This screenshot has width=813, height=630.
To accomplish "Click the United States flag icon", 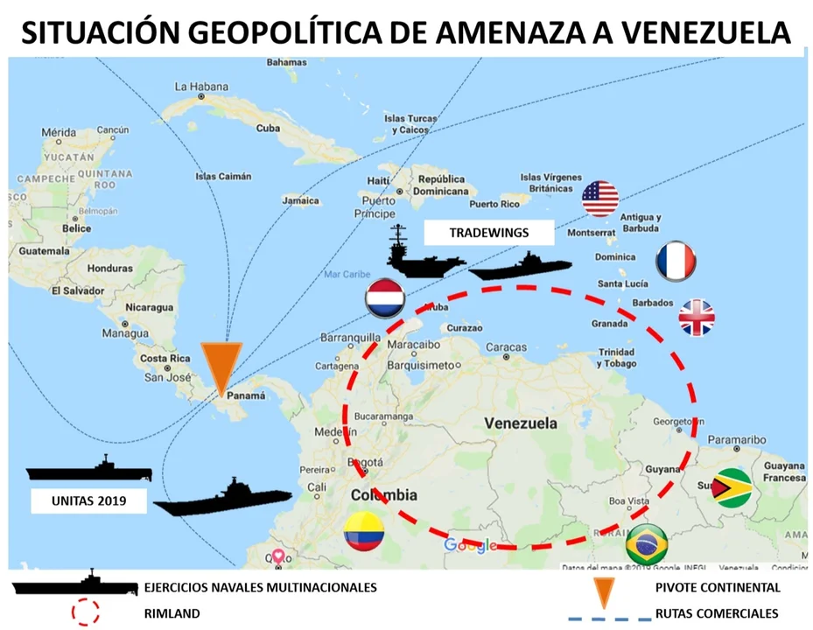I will point(600,199).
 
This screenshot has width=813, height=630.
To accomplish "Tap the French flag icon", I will point(676,261).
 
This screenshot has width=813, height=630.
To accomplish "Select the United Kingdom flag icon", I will point(697,318).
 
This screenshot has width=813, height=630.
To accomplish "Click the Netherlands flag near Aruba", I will point(384,297).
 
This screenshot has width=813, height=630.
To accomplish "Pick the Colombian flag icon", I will point(364,531).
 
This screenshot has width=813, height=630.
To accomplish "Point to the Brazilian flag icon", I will point(647,543).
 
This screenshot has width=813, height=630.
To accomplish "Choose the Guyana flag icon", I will point(732,487).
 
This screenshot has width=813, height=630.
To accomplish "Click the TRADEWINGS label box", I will point(488,234).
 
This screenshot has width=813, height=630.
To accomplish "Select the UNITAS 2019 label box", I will point(89,501).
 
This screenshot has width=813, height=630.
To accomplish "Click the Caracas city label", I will point(506,347).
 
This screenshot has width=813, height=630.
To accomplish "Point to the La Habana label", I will point(200,87).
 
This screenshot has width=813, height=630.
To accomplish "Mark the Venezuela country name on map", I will point(521,423).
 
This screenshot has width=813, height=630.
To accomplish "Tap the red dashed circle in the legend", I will point(85,612).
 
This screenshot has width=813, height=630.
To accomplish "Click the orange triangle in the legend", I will point(604,592).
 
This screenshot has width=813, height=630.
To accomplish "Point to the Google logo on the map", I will point(471,546).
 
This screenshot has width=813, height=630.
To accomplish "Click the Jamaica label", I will point(301,200).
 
